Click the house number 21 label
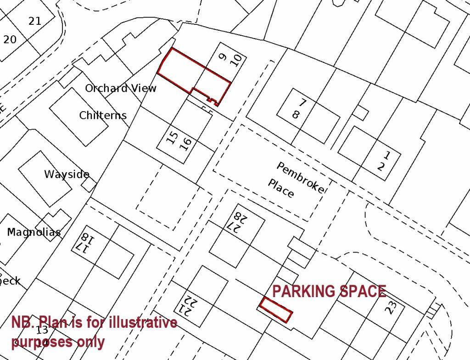tap(34, 21)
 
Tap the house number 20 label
tap(10, 39)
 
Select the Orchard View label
tap(121, 88)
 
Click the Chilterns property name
tap(103, 115)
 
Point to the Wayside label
tap(67, 174)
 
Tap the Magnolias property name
tap(34, 232)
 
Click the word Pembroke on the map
tap(300, 177)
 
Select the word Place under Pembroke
tap(281, 188)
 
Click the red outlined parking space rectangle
tap(276, 310)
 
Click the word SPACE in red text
tap(362, 292)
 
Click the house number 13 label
tap(42, 330)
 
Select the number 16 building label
tap(185, 143)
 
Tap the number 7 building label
tap(303, 103)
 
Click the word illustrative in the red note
tap(139, 322)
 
